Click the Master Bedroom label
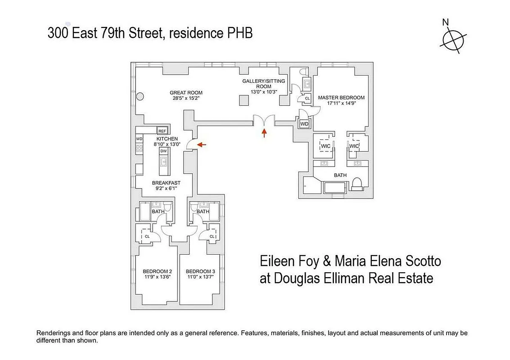click(341, 98)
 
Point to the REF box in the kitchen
click(162, 131)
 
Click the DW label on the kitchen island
click(163, 152)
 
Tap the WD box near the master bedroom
click(304, 124)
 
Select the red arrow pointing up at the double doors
click(264, 132)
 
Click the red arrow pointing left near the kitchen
click(202, 144)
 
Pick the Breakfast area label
click(166, 183)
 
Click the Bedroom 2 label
click(157, 271)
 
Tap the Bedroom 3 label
click(200, 271)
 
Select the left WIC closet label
click(325, 146)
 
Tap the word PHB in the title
click(238, 33)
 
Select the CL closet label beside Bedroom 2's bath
click(147, 236)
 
